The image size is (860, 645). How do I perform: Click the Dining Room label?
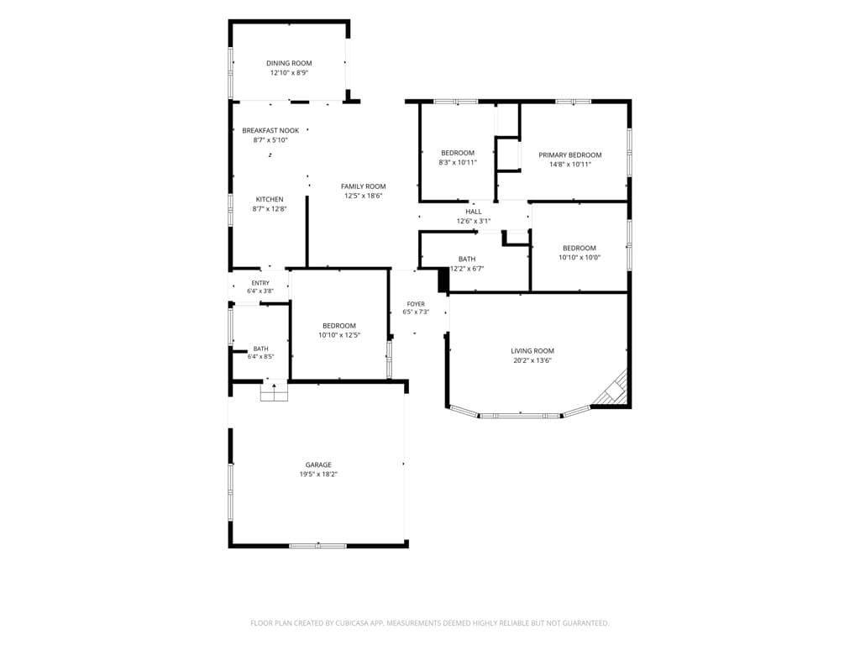tap(289, 63)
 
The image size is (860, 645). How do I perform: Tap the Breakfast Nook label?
tap(270, 130)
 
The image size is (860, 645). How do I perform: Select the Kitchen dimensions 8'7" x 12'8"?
tap(270, 209)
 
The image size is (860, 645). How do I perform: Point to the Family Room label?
tap(363, 186)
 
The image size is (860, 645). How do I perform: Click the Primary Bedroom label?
tap(570, 155)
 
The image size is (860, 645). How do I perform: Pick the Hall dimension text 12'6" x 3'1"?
tap(474, 222)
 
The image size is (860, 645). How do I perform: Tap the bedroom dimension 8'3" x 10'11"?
tap(458, 162)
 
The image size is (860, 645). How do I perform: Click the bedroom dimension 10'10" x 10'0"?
tap(579, 257)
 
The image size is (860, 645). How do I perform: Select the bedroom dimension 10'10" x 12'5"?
tap(339, 335)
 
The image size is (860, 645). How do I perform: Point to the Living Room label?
tap(532, 351)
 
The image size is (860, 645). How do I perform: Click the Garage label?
tap(318, 465)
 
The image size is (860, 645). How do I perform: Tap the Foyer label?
tap(416, 304)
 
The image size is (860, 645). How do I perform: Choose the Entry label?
tap(260, 283)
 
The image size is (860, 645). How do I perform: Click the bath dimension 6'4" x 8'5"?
tap(260, 356)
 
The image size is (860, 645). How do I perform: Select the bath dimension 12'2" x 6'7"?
tap(467, 269)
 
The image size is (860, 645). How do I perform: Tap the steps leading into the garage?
tap(274, 393)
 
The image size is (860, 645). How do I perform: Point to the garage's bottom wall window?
tap(318, 546)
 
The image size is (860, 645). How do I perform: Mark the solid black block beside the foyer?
tap(443, 281)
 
